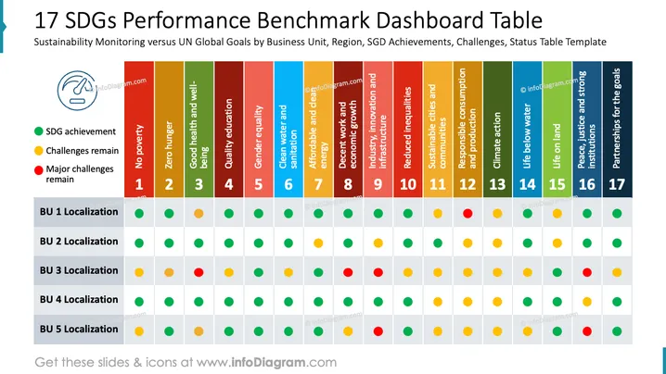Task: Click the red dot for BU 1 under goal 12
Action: pyautogui.click(x=467, y=213)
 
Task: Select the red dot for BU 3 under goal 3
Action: pyautogui.click(x=199, y=272)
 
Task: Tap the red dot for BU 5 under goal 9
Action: pyautogui.click(x=378, y=331)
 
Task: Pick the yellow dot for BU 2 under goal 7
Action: pyautogui.click(x=318, y=243)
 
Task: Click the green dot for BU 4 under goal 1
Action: pyautogui.click(x=139, y=302)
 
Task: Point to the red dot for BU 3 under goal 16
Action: pyautogui.click(x=587, y=272)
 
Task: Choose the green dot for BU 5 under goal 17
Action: pyautogui.click(x=617, y=331)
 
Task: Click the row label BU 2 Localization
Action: pyautogui.click(x=79, y=242)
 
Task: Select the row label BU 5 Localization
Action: pyautogui.click(x=79, y=329)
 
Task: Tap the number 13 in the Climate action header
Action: pyautogui.click(x=497, y=184)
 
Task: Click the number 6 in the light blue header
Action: pyautogui.click(x=288, y=184)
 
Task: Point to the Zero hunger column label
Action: pyautogui.click(x=169, y=145)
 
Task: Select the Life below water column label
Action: pyautogui.click(x=527, y=136)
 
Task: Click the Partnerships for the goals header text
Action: pyautogui.click(x=617, y=118)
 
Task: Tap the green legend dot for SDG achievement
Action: pyautogui.click(x=39, y=131)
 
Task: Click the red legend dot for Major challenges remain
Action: pyautogui.click(x=39, y=170)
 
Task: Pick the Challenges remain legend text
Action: pyautogui.click(x=83, y=151)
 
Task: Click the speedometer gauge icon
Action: pyautogui.click(x=77, y=91)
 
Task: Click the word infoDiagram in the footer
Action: pyautogui.click(x=268, y=362)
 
